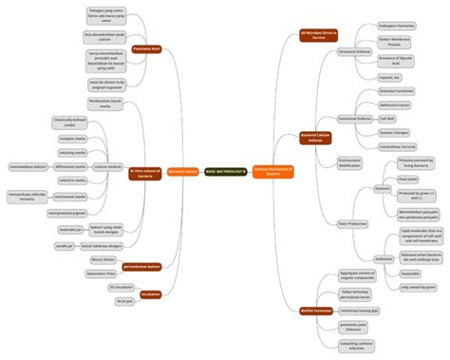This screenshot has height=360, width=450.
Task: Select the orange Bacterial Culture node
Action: click(x=182, y=172)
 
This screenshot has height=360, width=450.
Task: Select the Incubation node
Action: click(x=150, y=294)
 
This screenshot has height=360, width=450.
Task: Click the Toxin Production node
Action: click(x=352, y=223)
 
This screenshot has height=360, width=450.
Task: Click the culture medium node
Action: click(x=107, y=166)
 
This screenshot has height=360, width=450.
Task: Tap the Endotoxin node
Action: click(x=358, y=258)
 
